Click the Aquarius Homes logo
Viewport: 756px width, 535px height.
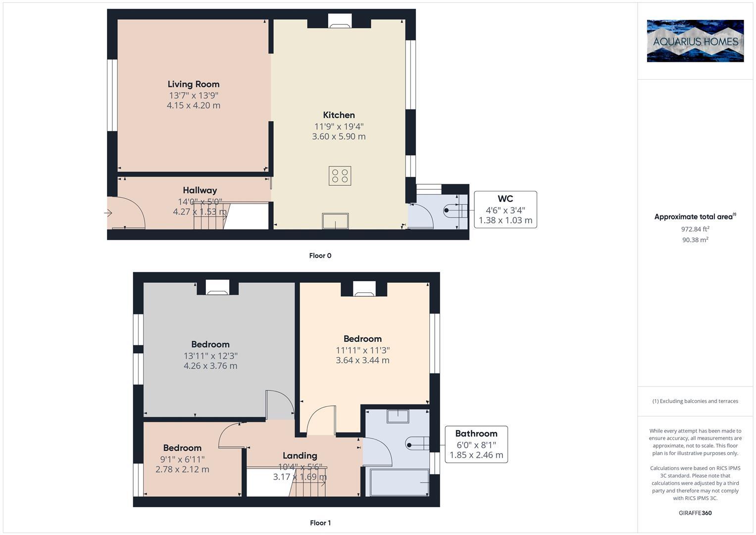tap(695, 41)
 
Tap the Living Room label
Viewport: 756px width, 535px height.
tap(193, 84)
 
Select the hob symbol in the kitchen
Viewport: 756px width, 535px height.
tap(340, 176)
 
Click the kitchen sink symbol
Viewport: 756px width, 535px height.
tap(335, 221)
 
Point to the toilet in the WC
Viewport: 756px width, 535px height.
tap(453, 210)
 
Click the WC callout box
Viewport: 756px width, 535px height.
tap(505, 210)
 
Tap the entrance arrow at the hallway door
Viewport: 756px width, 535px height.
tap(108, 213)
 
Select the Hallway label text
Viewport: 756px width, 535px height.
tap(200, 190)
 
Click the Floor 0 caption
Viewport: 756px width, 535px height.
tap(320, 256)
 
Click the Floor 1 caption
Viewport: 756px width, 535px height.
tap(320, 523)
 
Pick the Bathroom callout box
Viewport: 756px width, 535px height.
tap(476, 444)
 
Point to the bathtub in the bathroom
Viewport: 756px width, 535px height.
tap(399, 482)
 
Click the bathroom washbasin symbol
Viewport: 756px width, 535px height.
tap(398, 417)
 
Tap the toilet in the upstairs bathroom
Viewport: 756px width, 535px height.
tap(416, 444)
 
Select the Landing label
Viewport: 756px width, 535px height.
tap(300, 456)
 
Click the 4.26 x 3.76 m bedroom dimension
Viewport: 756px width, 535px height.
tap(210, 366)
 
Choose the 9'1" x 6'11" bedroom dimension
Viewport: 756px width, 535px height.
tap(182, 459)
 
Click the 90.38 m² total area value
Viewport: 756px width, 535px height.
tap(695, 240)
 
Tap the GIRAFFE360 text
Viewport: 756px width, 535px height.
tap(695, 513)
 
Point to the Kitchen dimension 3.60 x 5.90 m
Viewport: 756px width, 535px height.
tap(339, 137)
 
